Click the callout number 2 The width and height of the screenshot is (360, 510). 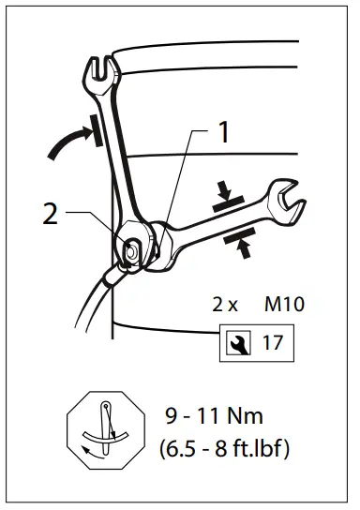pos(50,214)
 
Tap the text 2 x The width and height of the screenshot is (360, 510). pos(225,305)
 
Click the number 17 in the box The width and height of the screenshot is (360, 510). pos(273,342)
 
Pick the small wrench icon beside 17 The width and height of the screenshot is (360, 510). pos(234,342)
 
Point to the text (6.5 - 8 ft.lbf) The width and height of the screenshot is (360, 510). pos(226,448)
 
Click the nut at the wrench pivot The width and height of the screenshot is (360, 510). pos(134,248)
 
